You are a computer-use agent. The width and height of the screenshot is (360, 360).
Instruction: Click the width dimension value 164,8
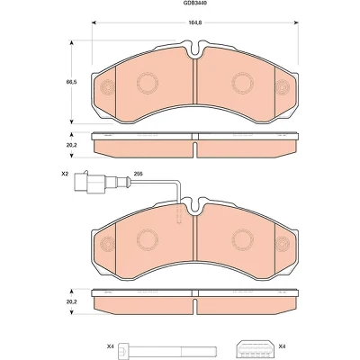[195, 22]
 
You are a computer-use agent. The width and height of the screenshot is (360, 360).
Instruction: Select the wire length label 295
[138, 174]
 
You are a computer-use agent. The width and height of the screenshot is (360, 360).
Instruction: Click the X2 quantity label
[65, 174]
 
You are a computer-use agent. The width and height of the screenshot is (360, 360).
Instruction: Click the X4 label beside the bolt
[110, 346]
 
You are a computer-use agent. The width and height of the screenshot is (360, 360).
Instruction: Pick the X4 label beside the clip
[283, 346]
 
